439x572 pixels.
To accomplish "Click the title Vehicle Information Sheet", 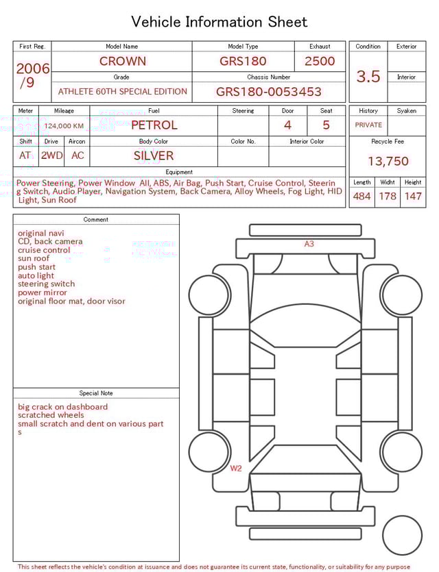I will (x=219, y=22).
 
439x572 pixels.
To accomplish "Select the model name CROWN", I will (x=122, y=61).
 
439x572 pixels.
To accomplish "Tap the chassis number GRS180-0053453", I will (x=268, y=92).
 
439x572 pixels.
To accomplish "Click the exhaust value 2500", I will (x=320, y=61).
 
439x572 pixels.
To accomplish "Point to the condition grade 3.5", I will (x=368, y=76).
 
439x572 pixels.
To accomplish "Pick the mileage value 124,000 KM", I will (x=64, y=126).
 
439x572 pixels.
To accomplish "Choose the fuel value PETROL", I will (x=154, y=125).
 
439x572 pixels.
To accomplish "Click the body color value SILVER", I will (x=154, y=156).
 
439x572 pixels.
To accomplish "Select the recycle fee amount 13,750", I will (x=388, y=162).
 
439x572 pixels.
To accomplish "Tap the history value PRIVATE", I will (x=368, y=125).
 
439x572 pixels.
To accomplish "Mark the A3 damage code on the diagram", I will (x=309, y=244).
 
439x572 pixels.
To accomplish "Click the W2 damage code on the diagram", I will (x=236, y=469).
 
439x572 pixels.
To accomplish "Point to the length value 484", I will (x=361, y=197).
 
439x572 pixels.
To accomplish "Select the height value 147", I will (x=413, y=197).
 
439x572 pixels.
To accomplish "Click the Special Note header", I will (x=96, y=393).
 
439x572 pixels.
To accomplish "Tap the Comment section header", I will (x=96, y=220).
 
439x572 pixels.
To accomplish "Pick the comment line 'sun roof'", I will (x=34, y=259).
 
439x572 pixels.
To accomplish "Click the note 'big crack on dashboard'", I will (x=62, y=407).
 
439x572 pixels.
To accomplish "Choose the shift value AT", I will (x=25, y=156).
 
